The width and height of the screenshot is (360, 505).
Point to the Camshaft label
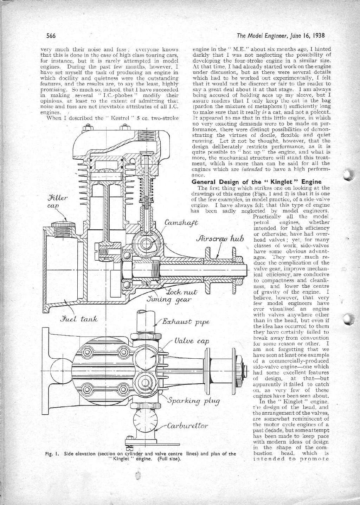181,223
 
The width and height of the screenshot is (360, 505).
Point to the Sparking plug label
194,401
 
